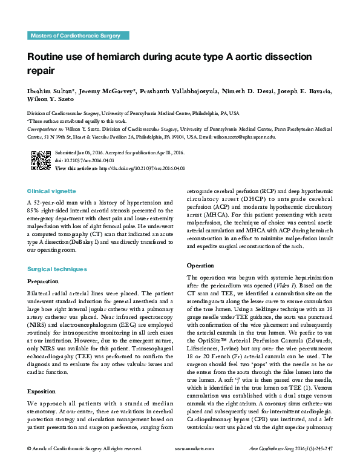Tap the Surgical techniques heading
coord(57,269)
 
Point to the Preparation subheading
coord(44,281)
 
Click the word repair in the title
coord(42,71)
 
